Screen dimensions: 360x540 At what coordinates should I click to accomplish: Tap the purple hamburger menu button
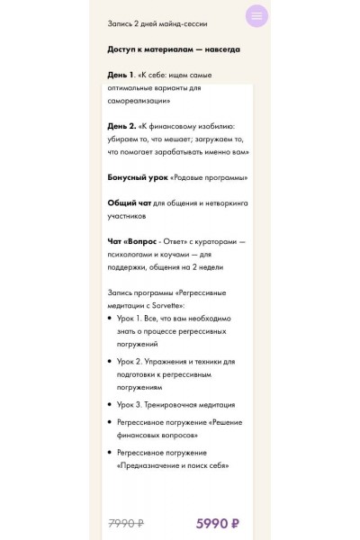click(x=257, y=16)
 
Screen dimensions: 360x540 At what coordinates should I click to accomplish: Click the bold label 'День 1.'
click(x=122, y=75)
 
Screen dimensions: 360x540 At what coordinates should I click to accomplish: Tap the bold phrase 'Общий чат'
click(x=129, y=202)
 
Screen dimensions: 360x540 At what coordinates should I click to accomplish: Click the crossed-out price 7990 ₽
click(x=126, y=523)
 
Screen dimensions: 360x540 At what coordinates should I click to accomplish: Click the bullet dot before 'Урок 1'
click(x=110, y=319)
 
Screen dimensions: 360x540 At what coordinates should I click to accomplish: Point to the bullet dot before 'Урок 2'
click(x=110, y=362)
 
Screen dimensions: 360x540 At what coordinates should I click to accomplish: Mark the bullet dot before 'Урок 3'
click(x=110, y=405)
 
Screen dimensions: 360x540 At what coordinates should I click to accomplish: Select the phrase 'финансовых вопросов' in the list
click(x=158, y=435)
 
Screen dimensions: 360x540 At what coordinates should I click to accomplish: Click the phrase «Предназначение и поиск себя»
click(x=173, y=465)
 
